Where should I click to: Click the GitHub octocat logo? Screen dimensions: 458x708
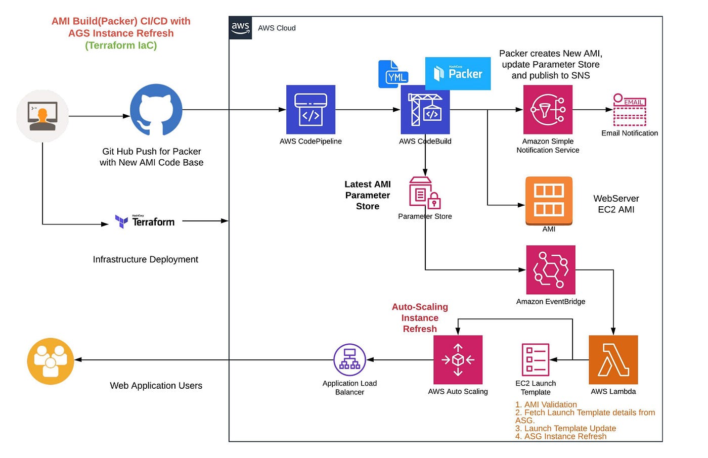tap(156, 110)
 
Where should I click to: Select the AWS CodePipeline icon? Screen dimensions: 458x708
tap(311, 110)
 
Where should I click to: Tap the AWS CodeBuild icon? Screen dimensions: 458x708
tap(425, 110)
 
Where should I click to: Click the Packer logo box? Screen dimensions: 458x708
tap(458, 74)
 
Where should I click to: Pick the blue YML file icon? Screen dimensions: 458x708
tap(393, 74)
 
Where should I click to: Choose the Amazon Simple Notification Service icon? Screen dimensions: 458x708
tap(548, 110)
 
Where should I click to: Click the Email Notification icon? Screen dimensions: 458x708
tap(629, 110)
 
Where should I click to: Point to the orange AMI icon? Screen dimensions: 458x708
tap(549, 201)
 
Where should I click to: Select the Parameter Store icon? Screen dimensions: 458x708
tap(424, 193)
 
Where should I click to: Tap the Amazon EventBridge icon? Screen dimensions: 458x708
tap(550, 270)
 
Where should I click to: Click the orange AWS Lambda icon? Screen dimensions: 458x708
tap(613, 360)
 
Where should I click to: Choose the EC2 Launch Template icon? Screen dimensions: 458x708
tap(536, 359)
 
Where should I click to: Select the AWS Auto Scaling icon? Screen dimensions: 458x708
tap(458, 360)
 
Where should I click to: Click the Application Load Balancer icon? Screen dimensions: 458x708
tap(349, 360)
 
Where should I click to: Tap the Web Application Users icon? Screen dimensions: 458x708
tap(51, 361)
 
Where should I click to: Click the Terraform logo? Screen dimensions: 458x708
tap(145, 221)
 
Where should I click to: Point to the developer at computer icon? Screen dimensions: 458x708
tap(42, 116)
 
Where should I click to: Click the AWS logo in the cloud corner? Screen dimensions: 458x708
tap(240, 28)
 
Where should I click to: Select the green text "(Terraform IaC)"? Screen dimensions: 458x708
tap(121, 45)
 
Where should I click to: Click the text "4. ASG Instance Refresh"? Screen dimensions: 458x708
tap(560, 436)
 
